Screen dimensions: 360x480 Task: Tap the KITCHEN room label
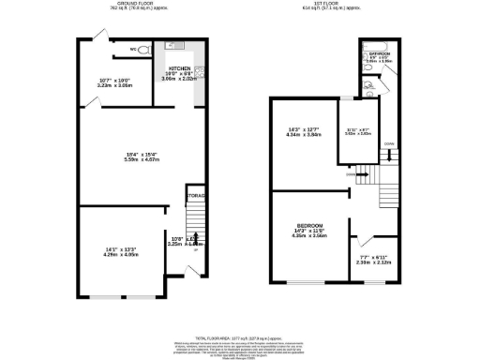click(x=180, y=68)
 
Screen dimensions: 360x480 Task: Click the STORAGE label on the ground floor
click(x=195, y=196)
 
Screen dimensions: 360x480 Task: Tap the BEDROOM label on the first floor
click(x=309, y=226)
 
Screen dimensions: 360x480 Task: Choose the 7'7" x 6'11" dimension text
click(x=373, y=260)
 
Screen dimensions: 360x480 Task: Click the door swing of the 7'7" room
click(x=365, y=234)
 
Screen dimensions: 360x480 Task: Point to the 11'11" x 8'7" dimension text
click(x=358, y=132)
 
